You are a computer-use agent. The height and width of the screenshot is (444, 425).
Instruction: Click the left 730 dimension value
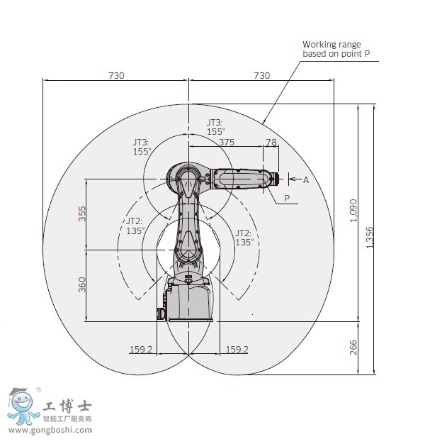tap(116, 76)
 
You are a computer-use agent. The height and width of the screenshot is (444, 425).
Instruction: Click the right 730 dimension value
tap(262, 76)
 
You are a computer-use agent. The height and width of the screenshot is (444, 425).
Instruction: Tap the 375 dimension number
tap(227, 142)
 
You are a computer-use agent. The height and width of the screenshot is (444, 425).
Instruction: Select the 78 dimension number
tap(271, 142)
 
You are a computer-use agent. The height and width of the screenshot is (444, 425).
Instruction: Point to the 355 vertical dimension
tap(81, 213)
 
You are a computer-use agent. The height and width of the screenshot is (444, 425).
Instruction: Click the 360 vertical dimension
tap(81, 284)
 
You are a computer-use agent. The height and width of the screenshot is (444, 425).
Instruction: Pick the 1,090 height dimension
tap(353, 211)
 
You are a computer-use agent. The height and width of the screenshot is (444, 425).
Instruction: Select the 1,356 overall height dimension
tap(370, 238)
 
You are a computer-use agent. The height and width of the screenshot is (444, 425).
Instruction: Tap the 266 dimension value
tap(353, 348)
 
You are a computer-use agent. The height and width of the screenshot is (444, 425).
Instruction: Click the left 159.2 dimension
tap(141, 349)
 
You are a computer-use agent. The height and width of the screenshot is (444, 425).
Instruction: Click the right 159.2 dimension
tap(237, 349)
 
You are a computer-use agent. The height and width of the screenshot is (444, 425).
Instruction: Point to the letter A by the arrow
tap(306, 180)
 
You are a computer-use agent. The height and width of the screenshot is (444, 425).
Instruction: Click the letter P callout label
tap(287, 198)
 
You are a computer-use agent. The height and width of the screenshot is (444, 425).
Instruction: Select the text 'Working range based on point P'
tap(336, 49)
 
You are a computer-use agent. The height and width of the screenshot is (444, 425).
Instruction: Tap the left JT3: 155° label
tap(142, 147)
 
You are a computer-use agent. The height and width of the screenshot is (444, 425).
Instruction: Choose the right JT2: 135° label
tap(244, 238)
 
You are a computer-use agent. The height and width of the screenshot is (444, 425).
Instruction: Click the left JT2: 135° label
tap(135, 226)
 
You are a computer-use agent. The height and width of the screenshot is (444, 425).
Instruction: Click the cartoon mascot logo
tap(23, 406)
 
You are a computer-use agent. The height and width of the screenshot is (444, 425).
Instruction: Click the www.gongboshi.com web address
tap(50, 430)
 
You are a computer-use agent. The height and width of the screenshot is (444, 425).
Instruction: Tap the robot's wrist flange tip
tap(278, 179)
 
